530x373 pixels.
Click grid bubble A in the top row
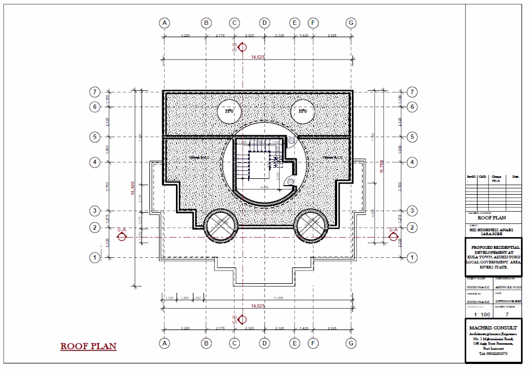click(x=165, y=23)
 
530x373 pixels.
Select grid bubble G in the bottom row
click(x=351, y=343)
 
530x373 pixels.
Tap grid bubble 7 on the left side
click(x=95, y=92)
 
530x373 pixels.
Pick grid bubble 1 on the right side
click(x=412, y=258)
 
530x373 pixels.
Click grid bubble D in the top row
click(x=264, y=23)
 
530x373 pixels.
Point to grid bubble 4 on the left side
click(x=95, y=162)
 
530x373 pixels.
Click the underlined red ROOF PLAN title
click(x=88, y=346)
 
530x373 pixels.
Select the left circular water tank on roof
click(x=229, y=111)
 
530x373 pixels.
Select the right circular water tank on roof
click(x=303, y=111)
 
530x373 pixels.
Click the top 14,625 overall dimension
click(x=258, y=57)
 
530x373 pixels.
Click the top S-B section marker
click(x=241, y=47)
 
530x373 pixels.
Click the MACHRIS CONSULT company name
click(x=493, y=328)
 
